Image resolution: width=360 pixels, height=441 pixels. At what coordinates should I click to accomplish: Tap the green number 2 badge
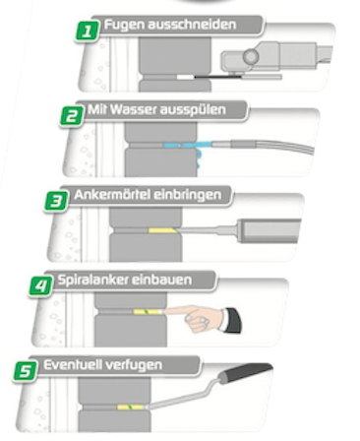[x=72, y=115]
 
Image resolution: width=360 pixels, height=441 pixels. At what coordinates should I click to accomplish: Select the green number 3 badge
[x=56, y=199]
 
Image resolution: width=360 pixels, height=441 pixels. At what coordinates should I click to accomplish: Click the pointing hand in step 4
[x=203, y=317]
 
